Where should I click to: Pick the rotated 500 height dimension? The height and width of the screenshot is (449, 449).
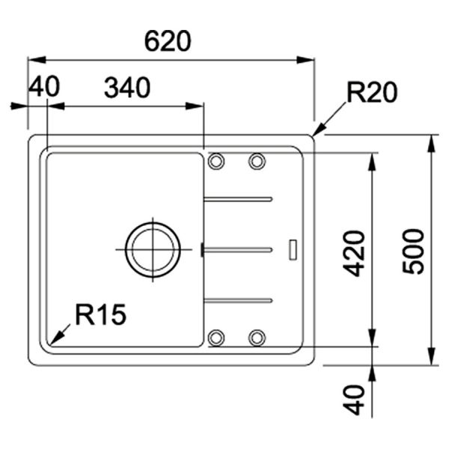tap(412, 251)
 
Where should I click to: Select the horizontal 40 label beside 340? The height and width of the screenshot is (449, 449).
tap(43, 88)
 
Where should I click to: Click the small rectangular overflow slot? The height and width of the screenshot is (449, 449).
tap(293, 249)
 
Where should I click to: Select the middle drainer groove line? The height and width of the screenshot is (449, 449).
tap(238, 249)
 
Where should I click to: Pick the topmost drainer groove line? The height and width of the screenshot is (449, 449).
tap(238, 199)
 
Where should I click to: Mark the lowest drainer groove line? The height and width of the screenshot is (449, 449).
tap(238, 299)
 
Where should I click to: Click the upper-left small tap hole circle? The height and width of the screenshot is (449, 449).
tap(216, 161)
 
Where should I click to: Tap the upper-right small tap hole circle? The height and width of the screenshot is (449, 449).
tap(257, 161)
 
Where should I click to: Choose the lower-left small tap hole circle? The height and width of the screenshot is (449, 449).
tap(216, 337)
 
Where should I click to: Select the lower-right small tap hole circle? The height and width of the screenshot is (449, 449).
tap(257, 337)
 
